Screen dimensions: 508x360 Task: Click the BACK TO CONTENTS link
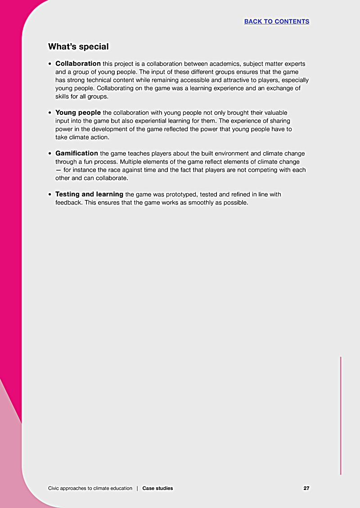276,22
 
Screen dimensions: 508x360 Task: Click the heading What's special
78,47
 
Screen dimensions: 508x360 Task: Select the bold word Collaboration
78,64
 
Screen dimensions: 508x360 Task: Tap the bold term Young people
78,113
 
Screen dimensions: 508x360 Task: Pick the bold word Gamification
76,154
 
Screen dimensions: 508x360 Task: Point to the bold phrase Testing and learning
89,195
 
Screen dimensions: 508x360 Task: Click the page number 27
306,488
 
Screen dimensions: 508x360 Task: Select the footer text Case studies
157,488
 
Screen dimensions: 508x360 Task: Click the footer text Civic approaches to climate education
90,488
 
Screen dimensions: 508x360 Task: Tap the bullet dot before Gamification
50,154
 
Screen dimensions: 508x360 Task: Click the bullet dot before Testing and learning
50,195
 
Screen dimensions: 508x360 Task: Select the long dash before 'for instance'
58,170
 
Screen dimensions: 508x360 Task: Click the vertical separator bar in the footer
137,488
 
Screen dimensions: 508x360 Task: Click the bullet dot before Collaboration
50,64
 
